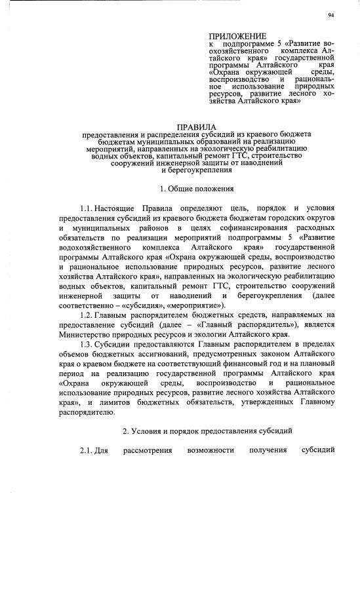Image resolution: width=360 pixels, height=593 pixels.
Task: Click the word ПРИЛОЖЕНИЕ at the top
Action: coord(237,35)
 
